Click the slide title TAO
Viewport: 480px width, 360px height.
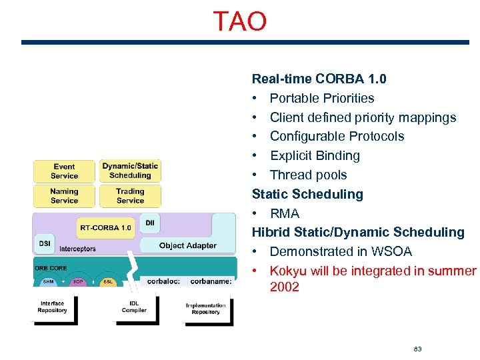(x=239, y=21)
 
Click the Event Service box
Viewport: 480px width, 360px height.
(x=64, y=171)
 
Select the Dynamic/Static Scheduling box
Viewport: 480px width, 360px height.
(x=130, y=171)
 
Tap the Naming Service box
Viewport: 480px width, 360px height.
(x=64, y=196)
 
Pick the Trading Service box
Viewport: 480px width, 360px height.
(x=130, y=196)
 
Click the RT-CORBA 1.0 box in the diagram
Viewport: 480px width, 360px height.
(x=105, y=227)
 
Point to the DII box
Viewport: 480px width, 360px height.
(x=150, y=223)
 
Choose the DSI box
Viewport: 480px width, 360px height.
(x=45, y=243)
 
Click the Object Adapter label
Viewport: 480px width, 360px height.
(x=187, y=245)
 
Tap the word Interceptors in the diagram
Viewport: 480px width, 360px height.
(x=77, y=249)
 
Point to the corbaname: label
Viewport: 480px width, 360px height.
(x=211, y=281)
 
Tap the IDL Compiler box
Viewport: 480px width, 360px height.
(x=134, y=307)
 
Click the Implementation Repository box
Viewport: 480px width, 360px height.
(x=205, y=309)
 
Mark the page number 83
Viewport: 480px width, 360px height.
(x=417, y=349)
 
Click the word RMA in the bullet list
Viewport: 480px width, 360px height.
(x=285, y=213)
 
